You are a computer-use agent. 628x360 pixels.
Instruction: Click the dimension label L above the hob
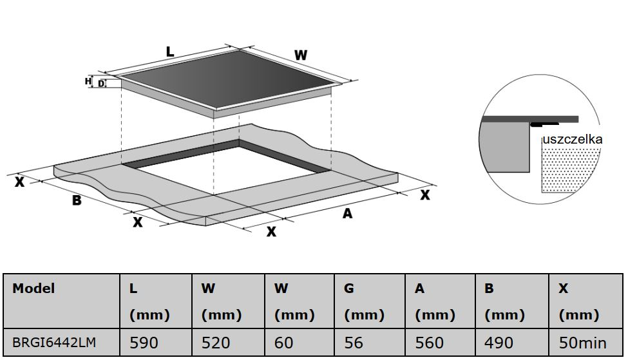[x=170, y=52]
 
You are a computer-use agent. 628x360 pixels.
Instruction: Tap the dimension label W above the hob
[x=301, y=55]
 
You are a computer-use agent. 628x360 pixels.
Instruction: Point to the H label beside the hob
[x=88, y=81]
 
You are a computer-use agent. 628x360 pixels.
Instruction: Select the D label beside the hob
[x=101, y=83]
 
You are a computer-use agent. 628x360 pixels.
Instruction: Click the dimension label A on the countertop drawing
[x=348, y=214]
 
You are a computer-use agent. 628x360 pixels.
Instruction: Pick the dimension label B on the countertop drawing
[x=77, y=200]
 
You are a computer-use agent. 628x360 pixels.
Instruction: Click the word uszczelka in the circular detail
[x=572, y=139]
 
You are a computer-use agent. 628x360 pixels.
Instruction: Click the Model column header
[x=33, y=289]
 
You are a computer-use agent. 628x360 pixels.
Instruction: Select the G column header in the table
[x=349, y=289]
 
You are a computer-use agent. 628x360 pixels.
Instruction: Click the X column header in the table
[x=564, y=289]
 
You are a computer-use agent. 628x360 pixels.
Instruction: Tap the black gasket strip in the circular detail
[x=544, y=125]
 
